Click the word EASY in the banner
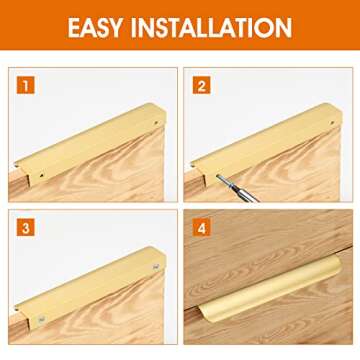[x=95, y=27]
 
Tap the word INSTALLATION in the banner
[x=211, y=27]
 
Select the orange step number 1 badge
[x=26, y=85]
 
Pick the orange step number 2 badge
[x=201, y=85]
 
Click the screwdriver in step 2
[x=237, y=188]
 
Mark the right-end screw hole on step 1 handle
[x=156, y=123]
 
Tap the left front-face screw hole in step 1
[x=41, y=174]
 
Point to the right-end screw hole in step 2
[x=332, y=123]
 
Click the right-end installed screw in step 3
[x=156, y=266]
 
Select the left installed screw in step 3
[x=41, y=319]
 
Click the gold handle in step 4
[x=270, y=290]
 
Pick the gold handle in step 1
[x=91, y=144]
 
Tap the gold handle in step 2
[x=267, y=144]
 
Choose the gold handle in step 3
[x=91, y=287]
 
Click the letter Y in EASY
[x=115, y=27]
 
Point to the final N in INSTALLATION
[x=283, y=27]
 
